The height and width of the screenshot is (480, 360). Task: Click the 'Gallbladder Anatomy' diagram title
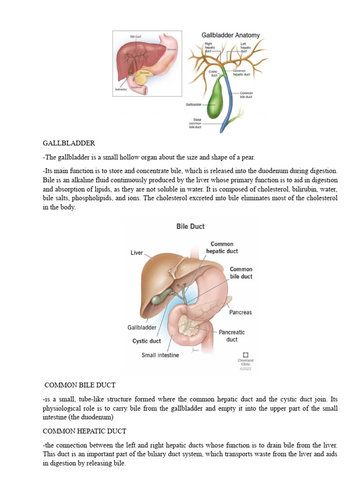[230, 35]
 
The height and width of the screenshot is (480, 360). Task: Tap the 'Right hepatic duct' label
[209, 47]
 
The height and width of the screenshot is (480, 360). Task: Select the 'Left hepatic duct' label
[246, 47]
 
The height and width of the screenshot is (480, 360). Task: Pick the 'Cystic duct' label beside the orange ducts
[213, 73]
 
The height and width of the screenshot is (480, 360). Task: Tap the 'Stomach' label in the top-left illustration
[172, 48]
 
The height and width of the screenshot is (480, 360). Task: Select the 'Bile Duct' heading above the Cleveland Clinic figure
[190, 226]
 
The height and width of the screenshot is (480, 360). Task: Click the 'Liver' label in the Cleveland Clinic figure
[136, 253]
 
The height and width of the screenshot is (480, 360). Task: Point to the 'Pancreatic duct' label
[232, 336]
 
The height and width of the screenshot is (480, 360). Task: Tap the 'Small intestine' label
[160, 355]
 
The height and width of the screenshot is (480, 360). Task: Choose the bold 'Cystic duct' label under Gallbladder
[146, 341]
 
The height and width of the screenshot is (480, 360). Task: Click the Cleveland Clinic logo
[246, 355]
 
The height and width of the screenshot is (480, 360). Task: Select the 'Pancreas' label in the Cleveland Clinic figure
[240, 312]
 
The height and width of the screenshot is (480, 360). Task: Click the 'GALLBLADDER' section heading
[69, 143]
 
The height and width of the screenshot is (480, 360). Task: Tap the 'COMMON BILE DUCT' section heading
[80, 385]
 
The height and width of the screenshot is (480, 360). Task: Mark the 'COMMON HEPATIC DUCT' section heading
[84, 431]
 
